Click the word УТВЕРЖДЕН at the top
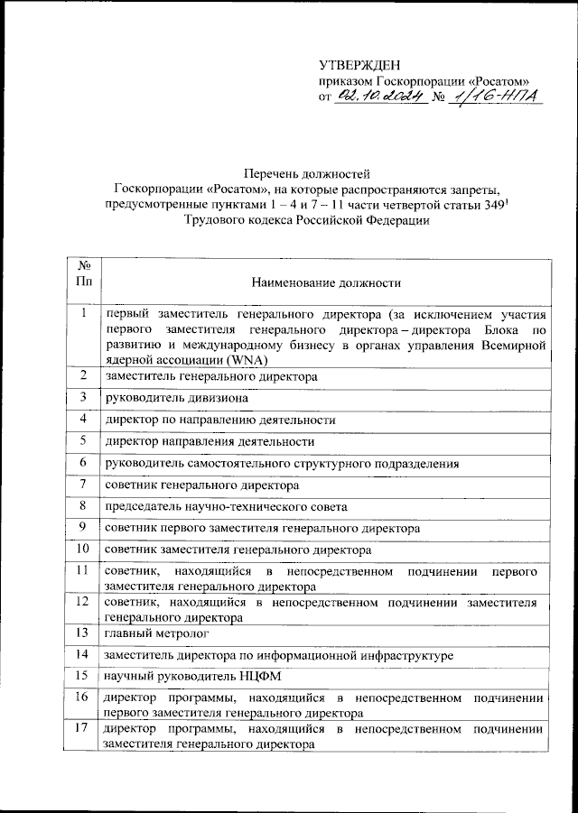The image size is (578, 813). coord(358,64)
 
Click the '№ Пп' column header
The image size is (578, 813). coord(83,273)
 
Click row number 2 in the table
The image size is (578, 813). coord(83,375)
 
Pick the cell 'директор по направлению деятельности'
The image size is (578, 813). coord(220,420)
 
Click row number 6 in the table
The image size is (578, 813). coord(83,463)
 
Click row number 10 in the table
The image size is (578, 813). coord(83,549)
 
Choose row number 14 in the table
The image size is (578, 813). coord(83,654)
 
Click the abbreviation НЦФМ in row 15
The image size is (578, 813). coord(238,676)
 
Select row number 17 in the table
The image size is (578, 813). coord(83,729)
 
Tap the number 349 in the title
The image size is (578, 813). coord(488,205)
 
